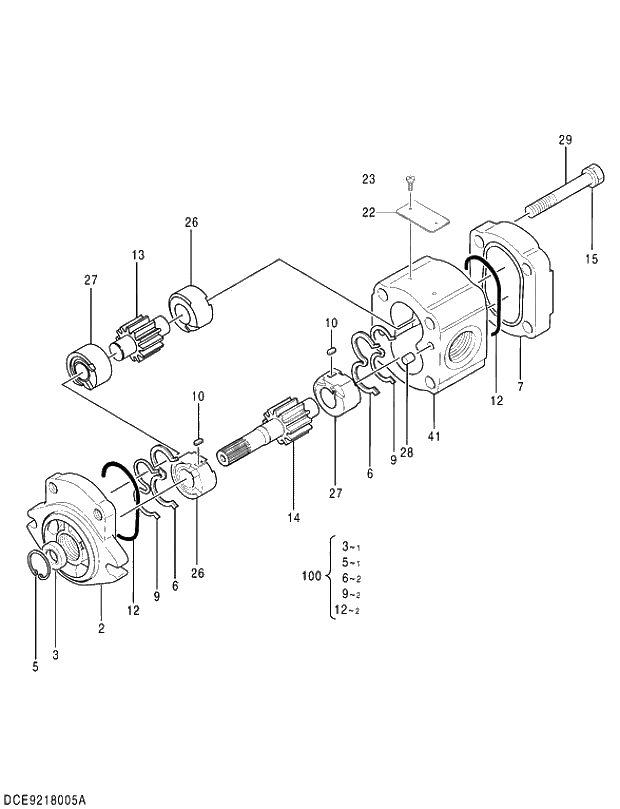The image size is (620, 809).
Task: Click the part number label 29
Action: pos(564,140)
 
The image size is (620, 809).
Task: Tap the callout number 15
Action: pos(591,259)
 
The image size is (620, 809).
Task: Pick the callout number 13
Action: pos(137,256)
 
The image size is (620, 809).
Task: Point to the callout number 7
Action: pos(520,386)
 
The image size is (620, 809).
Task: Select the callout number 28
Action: pos(407,452)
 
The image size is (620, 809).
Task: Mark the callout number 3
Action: pos(55,655)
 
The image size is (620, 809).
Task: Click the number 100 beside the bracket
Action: pos(311,577)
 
